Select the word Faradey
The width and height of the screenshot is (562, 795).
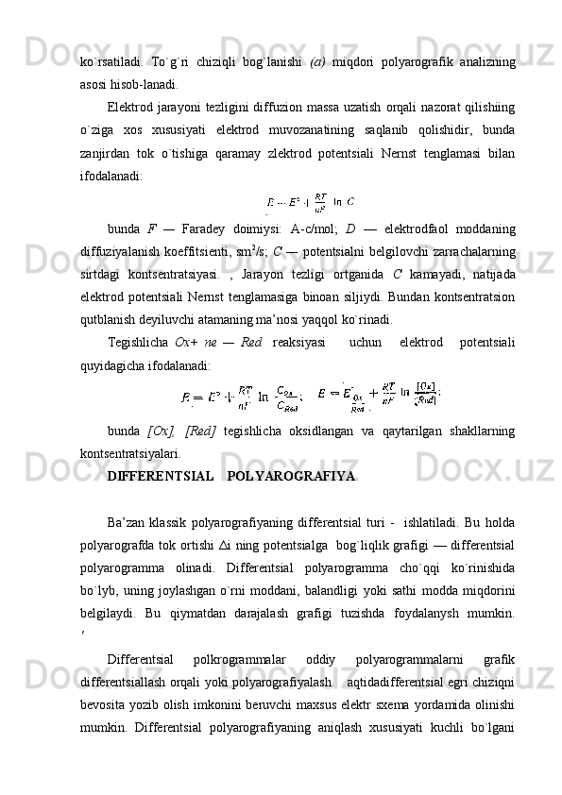218,228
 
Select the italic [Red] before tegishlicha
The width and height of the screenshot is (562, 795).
201,431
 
